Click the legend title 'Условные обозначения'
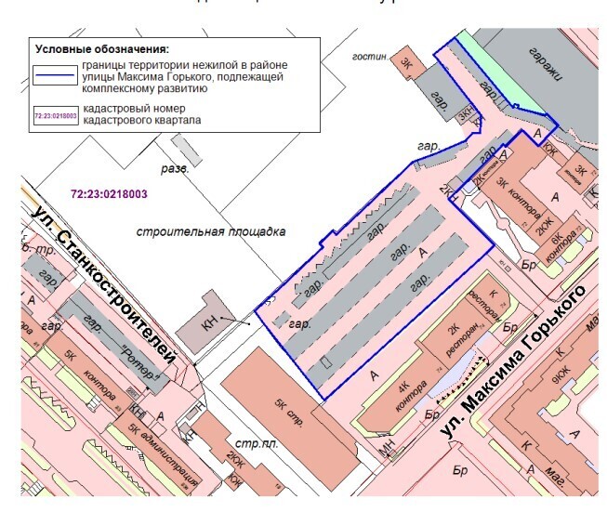click(106, 48)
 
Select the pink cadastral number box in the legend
click(55, 116)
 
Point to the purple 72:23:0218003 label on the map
click(109, 193)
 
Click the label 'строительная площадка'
click(210, 230)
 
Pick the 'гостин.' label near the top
click(370, 57)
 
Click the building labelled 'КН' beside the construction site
click(210, 326)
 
